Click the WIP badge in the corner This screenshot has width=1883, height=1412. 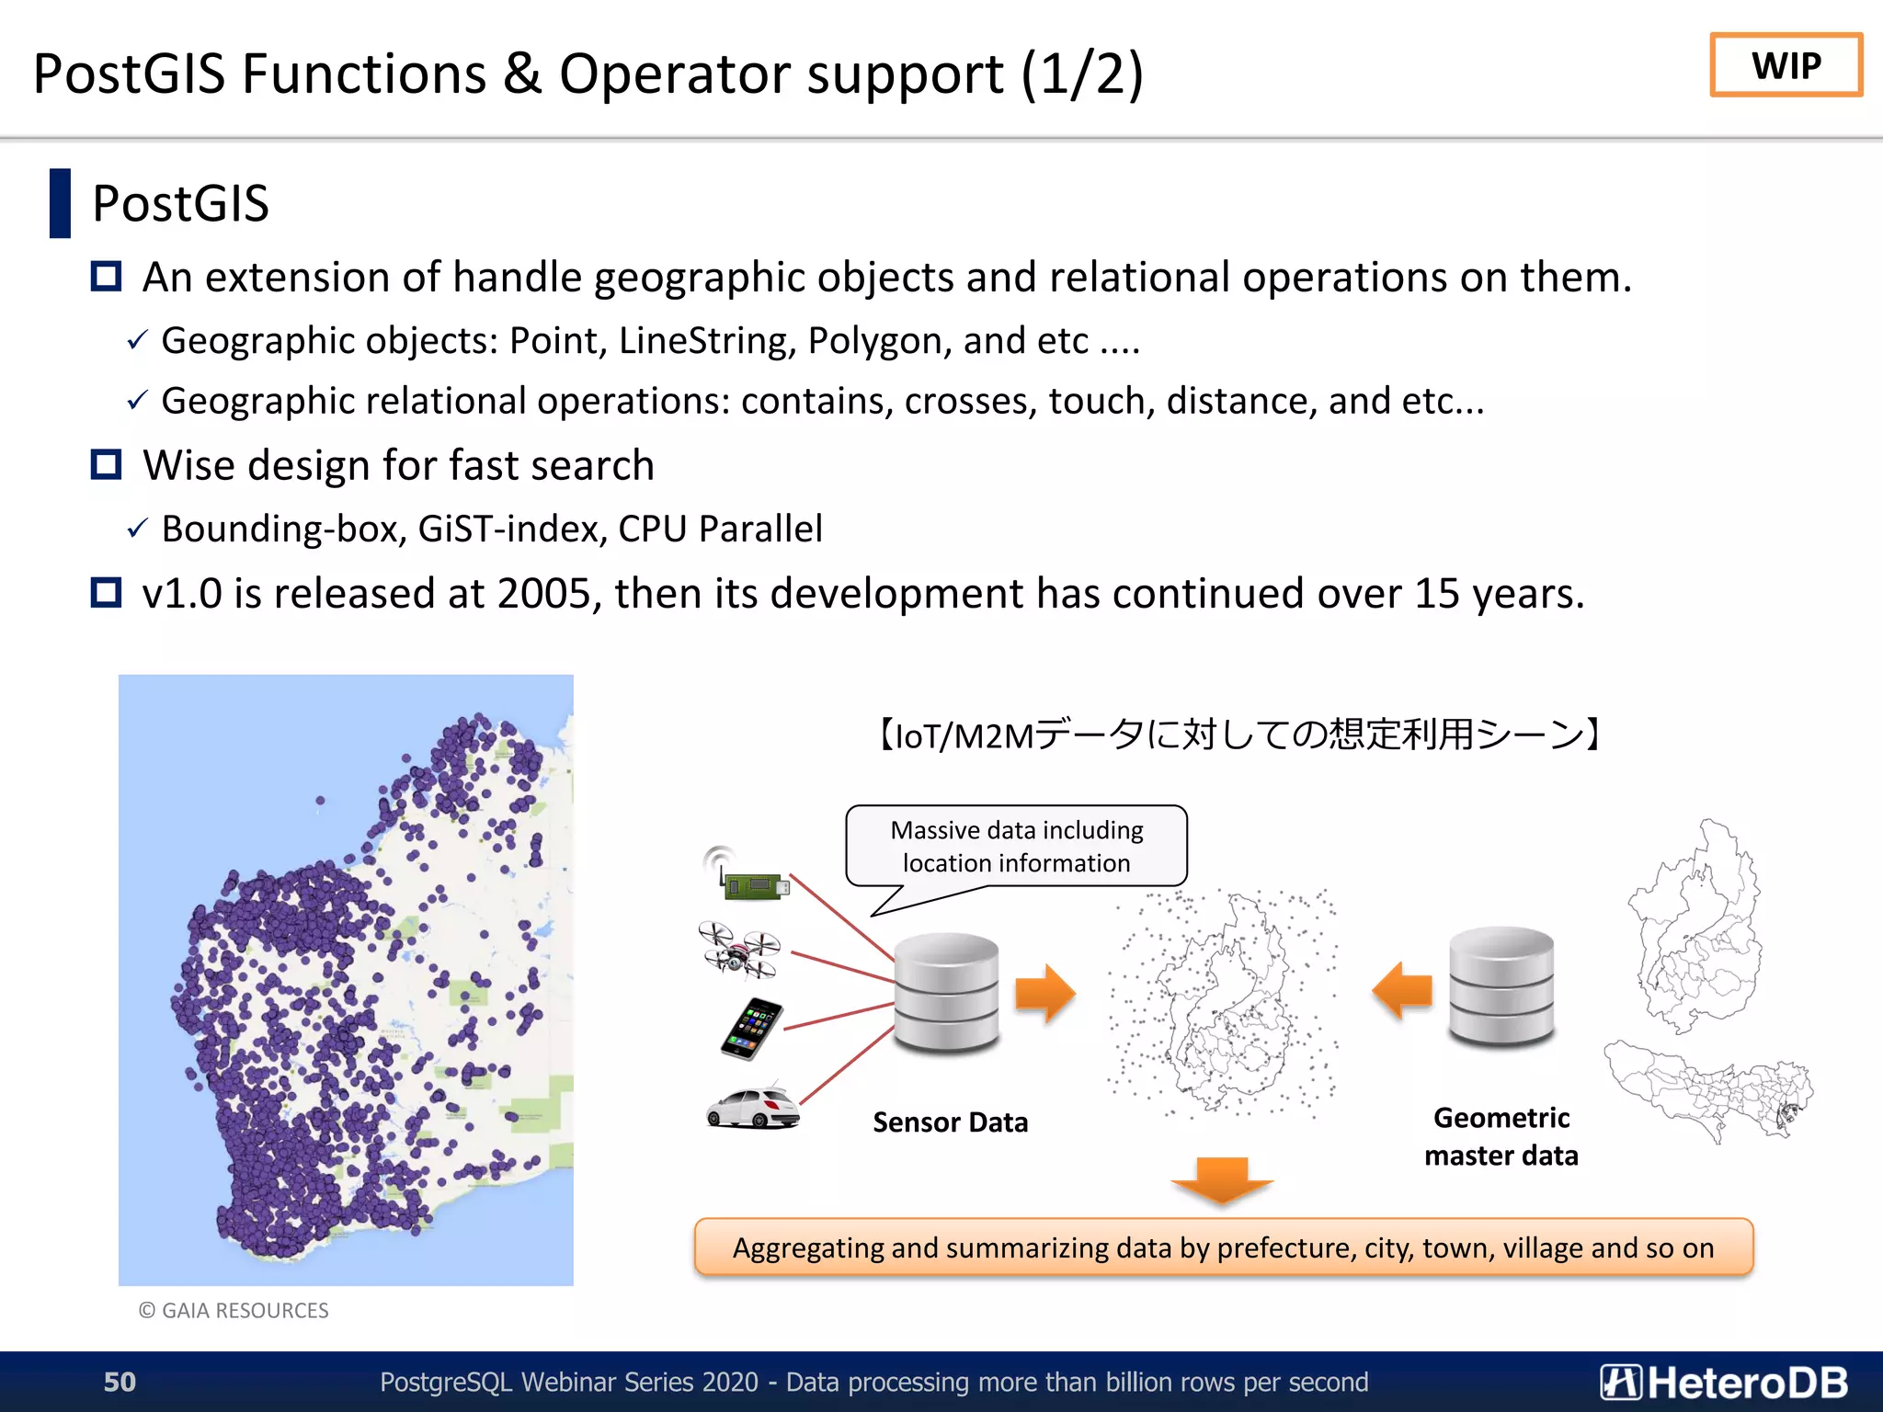pos(1786,65)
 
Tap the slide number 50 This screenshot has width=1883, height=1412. pos(120,1382)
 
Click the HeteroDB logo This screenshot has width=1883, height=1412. pos(1723,1383)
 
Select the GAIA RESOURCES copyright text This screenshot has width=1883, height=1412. pos(234,1310)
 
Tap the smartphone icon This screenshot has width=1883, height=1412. pos(751,1029)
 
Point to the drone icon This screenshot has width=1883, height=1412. pos(739,950)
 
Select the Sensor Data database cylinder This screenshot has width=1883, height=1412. pos(946,993)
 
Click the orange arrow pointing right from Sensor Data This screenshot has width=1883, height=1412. pos(1045,993)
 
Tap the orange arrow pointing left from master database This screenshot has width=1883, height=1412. pos(1402,990)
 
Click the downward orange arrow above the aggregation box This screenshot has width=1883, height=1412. pos(1222,1179)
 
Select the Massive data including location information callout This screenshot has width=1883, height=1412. pos(1016,847)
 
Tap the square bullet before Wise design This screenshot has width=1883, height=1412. pos(107,464)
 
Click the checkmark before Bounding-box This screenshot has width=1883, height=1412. pos(137,529)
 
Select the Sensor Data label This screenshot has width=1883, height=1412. pos(950,1122)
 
